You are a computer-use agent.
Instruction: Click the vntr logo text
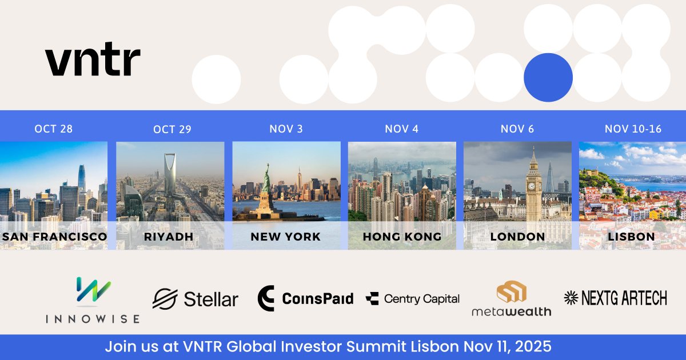pyautogui.click(x=93, y=61)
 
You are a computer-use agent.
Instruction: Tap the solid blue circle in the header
pyautogui.click(x=548, y=78)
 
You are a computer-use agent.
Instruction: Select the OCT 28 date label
pyautogui.click(x=54, y=129)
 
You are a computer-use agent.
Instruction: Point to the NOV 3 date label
pyautogui.click(x=286, y=129)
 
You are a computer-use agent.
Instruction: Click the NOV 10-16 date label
pyautogui.click(x=633, y=129)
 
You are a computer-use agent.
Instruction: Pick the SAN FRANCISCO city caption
pyautogui.click(x=54, y=237)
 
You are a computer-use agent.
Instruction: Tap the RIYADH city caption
pyautogui.click(x=170, y=237)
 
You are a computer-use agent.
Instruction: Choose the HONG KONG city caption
pyautogui.click(x=402, y=237)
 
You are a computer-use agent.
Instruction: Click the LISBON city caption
pyautogui.click(x=632, y=237)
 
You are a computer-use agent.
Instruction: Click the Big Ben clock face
pyautogui.click(x=533, y=185)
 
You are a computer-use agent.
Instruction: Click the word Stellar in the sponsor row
pyautogui.click(x=210, y=299)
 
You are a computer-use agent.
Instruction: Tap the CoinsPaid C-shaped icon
pyautogui.click(x=266, y=298)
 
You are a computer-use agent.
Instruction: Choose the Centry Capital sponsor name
pyautogui.click(x=421, y=299)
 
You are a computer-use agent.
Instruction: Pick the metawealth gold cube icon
pyautogui.click(x=511, y=293)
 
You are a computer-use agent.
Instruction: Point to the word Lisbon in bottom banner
pyautogui.click(x=436, y=347)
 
